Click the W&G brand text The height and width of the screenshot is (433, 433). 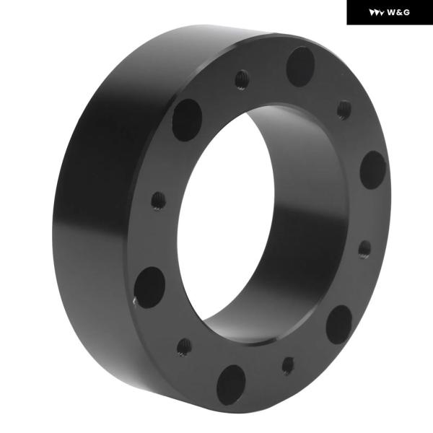tap(398, 12)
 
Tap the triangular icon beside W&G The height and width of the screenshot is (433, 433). tap(377, 13)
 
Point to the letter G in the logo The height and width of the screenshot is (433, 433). tap(406, 12)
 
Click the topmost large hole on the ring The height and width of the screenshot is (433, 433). tap(300, 67)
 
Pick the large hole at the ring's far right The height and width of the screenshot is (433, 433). tap(373, 170)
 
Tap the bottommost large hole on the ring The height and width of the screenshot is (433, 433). tap(231, 385)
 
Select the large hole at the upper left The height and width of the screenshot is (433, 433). tap(187, 120)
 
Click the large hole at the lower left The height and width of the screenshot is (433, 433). tap(149, 287)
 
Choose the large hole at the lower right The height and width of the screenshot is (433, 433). tap(339, 325)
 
